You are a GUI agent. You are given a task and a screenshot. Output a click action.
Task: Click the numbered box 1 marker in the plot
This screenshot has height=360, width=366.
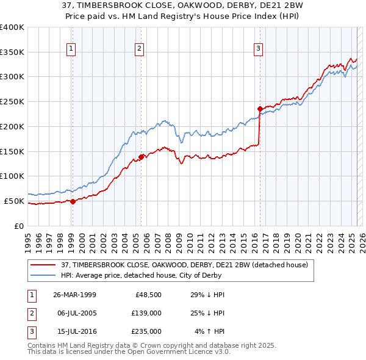coord(72,49)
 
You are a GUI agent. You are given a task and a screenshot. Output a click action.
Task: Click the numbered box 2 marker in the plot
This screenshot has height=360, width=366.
coord(140,49)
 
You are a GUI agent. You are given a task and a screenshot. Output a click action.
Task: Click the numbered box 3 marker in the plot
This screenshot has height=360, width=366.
coord(258,49)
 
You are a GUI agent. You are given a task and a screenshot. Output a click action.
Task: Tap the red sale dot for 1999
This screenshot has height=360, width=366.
coord(73,201)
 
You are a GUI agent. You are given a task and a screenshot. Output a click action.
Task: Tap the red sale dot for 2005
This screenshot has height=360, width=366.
coord(141,157)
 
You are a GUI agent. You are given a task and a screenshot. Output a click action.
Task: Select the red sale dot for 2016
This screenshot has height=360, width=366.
coord(260,109)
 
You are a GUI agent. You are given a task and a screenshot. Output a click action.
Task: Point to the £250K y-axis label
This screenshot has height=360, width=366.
coord(12,101)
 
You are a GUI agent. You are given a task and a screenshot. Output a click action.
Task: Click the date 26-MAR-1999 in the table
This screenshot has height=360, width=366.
coord(74,295)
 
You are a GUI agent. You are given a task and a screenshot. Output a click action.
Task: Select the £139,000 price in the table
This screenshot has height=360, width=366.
coord(146,313)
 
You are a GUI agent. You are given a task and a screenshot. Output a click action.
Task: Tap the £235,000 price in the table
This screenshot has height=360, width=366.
coord(146,331)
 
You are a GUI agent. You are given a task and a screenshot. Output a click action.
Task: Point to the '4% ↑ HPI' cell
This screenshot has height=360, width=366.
coord(210,331)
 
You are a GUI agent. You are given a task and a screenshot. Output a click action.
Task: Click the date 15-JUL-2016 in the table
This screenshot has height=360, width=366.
coord(74,331)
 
